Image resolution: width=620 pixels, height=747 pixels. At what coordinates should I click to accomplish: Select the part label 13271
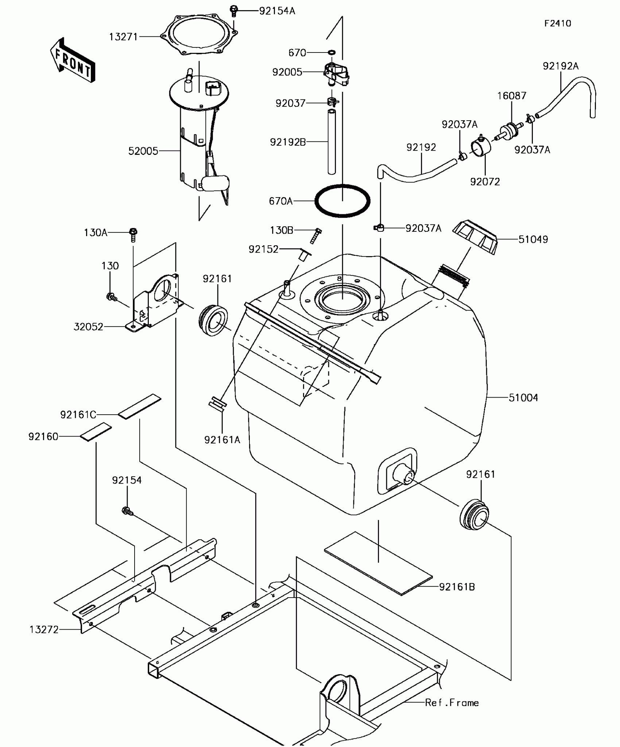pyautogui.click(x=123, y=37)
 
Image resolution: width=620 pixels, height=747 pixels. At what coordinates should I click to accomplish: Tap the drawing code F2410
pyautogui.click(x=558, y=24)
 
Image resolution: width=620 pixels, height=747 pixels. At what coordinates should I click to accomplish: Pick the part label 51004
pyautogui.click(x=523, y=398)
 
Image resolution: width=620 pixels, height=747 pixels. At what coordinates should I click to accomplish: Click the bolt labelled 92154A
pyautogui.click(x=234, y=11)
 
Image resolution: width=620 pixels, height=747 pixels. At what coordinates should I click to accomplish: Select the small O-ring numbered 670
pyautogui.click(x=332, y=53)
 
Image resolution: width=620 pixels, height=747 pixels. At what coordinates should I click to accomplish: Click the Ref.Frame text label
pyautogui.click(x=452, y=703)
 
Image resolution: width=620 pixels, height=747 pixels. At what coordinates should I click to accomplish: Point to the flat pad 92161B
pyautogui.click(x=378, y=563)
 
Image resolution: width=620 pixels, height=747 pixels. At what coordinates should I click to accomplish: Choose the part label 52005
pyautogui.click(x=143, y=151)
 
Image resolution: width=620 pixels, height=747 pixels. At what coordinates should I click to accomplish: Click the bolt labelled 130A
pyautogui.click(x=133, y=234)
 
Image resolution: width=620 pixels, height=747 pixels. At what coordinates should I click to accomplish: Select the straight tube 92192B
pyautogui.click(x=331, y=142)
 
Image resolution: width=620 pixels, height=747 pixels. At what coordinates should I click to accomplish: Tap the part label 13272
pyautogui.click(x=44, y=630)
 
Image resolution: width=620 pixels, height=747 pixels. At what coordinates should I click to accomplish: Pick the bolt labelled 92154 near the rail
pyautogui.click(x=127, y=511)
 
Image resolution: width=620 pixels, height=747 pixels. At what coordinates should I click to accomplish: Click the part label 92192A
pyautogui.click(x=561, y=66)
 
